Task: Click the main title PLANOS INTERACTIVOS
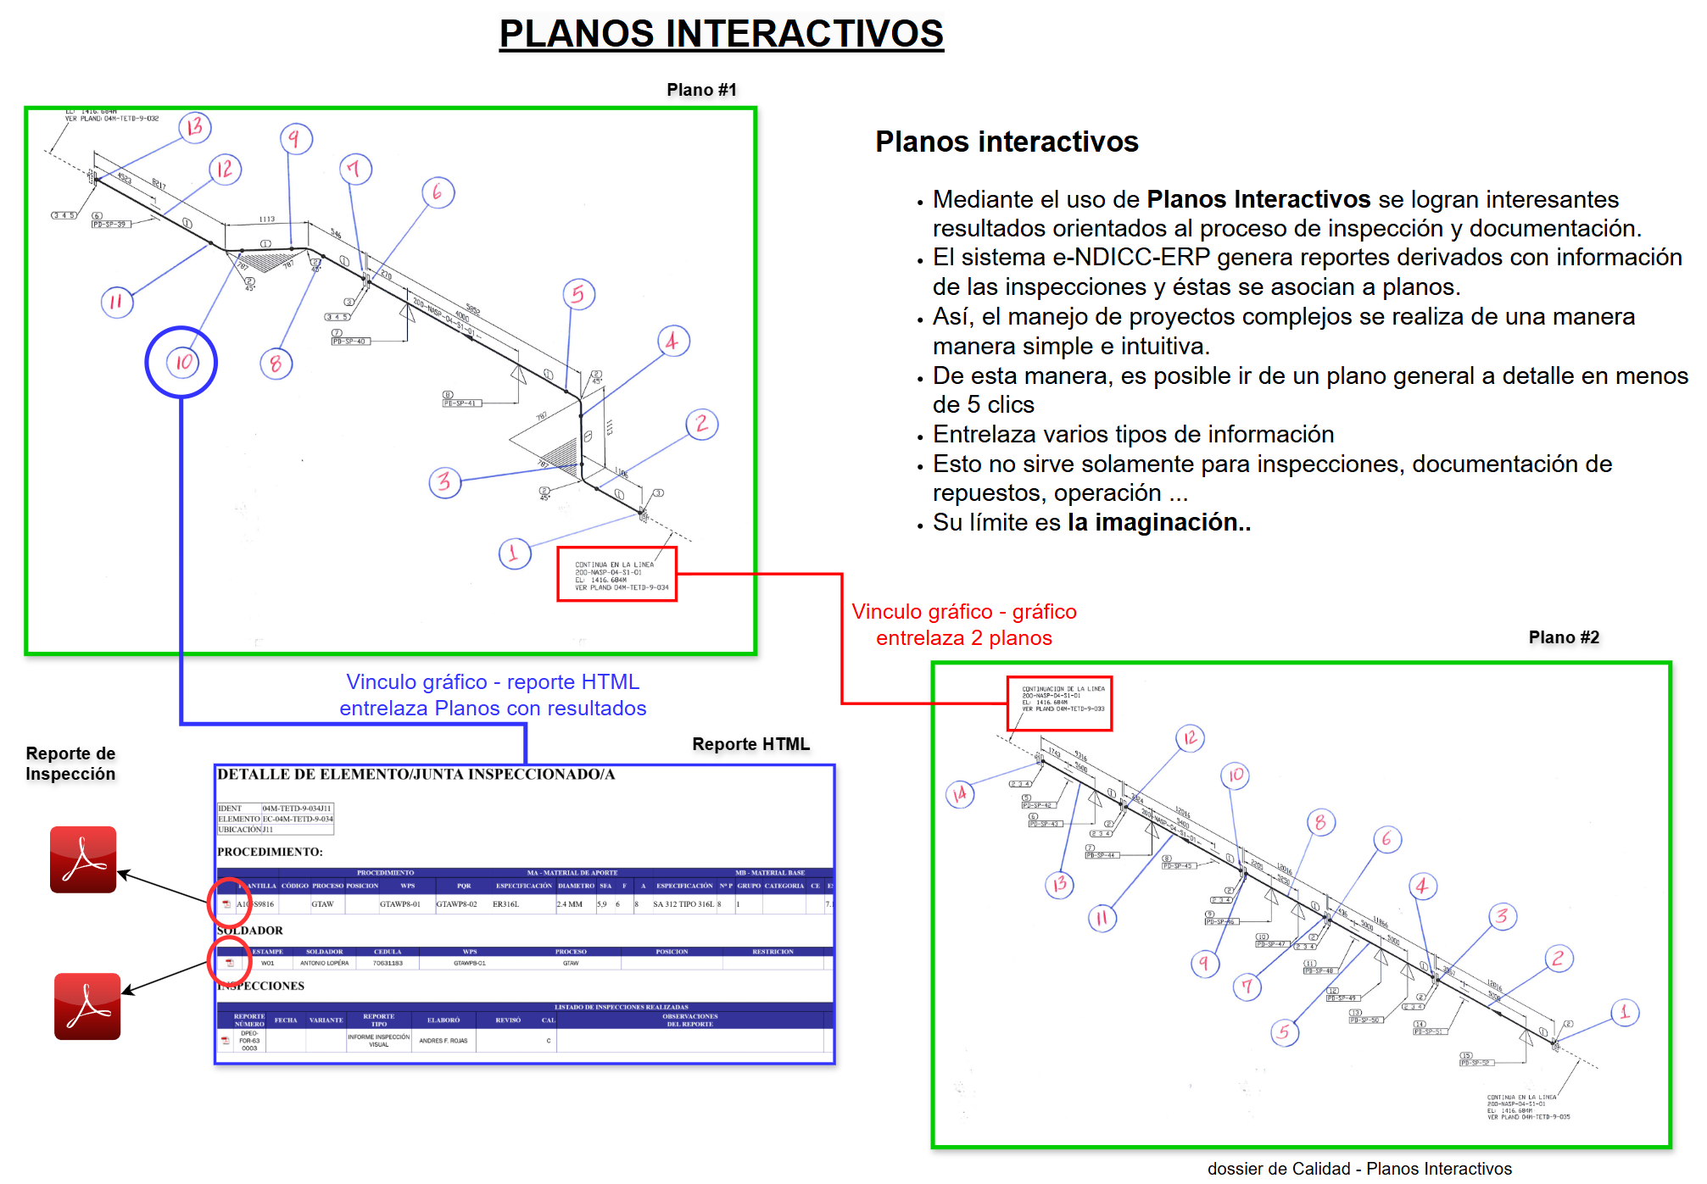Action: (721, 34)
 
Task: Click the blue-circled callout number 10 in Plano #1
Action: (182, 362)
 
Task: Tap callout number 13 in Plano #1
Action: (195, 127)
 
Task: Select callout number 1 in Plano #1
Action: (514, 553)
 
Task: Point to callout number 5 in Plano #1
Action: (578, 294)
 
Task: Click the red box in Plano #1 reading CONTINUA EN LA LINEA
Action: (616, 575)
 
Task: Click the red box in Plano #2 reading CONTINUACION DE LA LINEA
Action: (1059, 703)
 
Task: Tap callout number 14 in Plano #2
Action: (960, 794)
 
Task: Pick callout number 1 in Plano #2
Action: (1625, 1012)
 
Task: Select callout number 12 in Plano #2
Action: (1191, 737)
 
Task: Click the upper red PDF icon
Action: (83, 859)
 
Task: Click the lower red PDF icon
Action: (87, 1006)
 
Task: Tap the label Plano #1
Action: (701, 90)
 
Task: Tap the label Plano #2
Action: (1563, 637)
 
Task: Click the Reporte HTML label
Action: (750, 744)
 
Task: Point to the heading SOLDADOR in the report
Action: (250, 931)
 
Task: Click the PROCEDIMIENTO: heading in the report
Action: (270, 852)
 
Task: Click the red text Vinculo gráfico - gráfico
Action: (963, 612)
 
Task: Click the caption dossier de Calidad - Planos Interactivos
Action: (1358, 1169)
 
